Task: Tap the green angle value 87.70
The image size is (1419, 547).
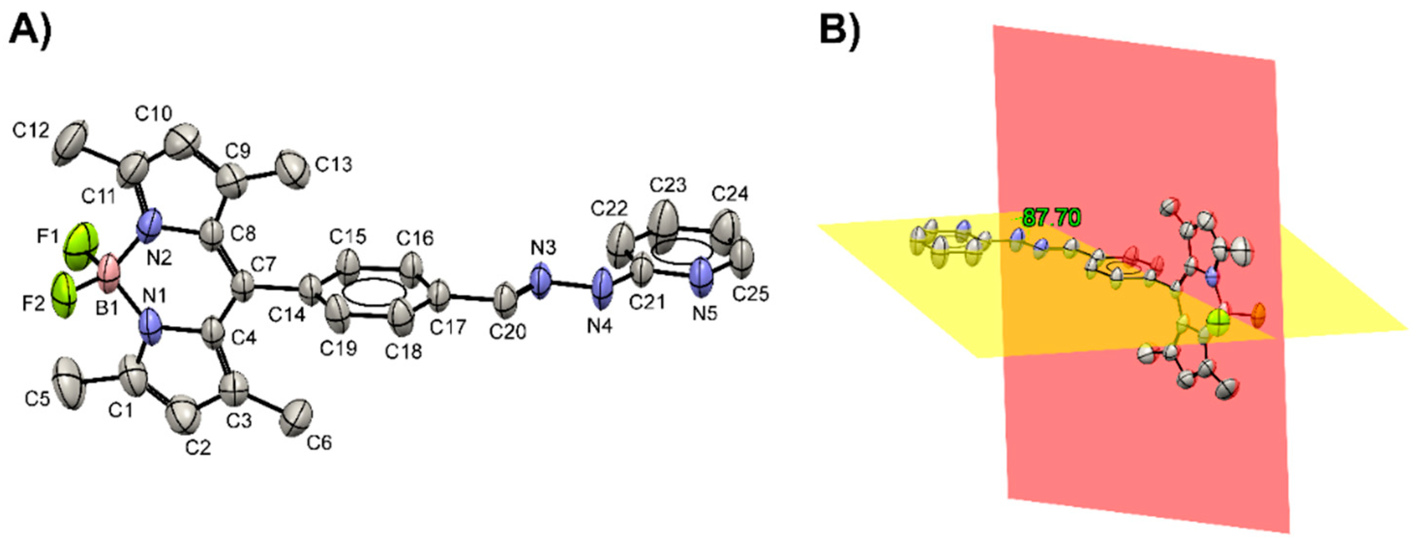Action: (1051, 218)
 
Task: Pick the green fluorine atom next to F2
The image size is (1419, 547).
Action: (64, 296)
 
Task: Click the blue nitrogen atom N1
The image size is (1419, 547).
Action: (150, 326)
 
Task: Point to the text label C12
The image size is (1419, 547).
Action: (31, 131)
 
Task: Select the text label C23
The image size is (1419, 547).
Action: (668, 186)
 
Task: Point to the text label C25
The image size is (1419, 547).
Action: (750, 294)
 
